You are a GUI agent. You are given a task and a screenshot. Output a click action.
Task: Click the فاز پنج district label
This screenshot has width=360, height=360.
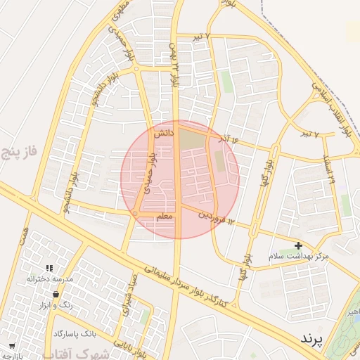19,150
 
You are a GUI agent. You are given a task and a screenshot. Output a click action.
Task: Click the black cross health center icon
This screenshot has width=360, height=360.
298,246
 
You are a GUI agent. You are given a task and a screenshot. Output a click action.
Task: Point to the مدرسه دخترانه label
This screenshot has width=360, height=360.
50,279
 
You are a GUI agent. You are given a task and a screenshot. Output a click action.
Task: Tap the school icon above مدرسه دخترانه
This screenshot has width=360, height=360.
49,268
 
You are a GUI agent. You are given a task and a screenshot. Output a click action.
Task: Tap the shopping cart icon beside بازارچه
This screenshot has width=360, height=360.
12,345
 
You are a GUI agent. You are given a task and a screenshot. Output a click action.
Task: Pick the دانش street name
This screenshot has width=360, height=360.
163,132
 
